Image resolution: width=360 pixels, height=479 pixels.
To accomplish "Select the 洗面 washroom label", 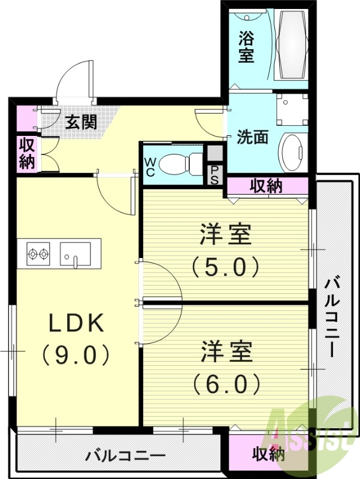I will [252, 137].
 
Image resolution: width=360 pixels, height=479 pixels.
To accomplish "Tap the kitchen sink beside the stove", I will [75, 254].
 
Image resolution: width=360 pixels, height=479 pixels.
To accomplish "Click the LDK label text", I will [76, 323].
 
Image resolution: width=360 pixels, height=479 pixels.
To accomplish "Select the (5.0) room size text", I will [225, 265].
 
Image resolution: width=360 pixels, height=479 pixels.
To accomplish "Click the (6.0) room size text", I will [225, 381].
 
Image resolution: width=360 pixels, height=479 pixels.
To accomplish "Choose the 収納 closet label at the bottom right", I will [268, 454].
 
